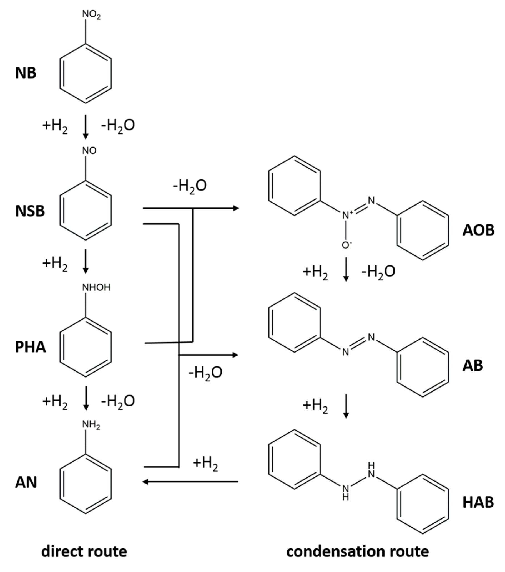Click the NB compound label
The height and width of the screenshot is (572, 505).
click(x=26, y=73)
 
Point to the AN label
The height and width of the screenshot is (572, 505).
click(x=26, y=483)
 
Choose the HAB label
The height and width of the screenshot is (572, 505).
click(x=478, y=502)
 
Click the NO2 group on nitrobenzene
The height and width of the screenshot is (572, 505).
click(x=91, y=14)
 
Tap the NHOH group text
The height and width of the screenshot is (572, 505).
click(x=96, y=287)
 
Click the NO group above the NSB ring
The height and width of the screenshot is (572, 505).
click(x=89, y=151)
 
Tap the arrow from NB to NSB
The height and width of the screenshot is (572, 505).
click(x=86, y=126)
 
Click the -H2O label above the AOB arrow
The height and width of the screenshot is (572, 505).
click(x=190, y=186)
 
